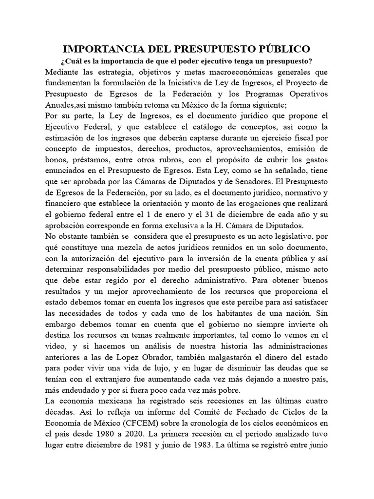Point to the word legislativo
(299, 249)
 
